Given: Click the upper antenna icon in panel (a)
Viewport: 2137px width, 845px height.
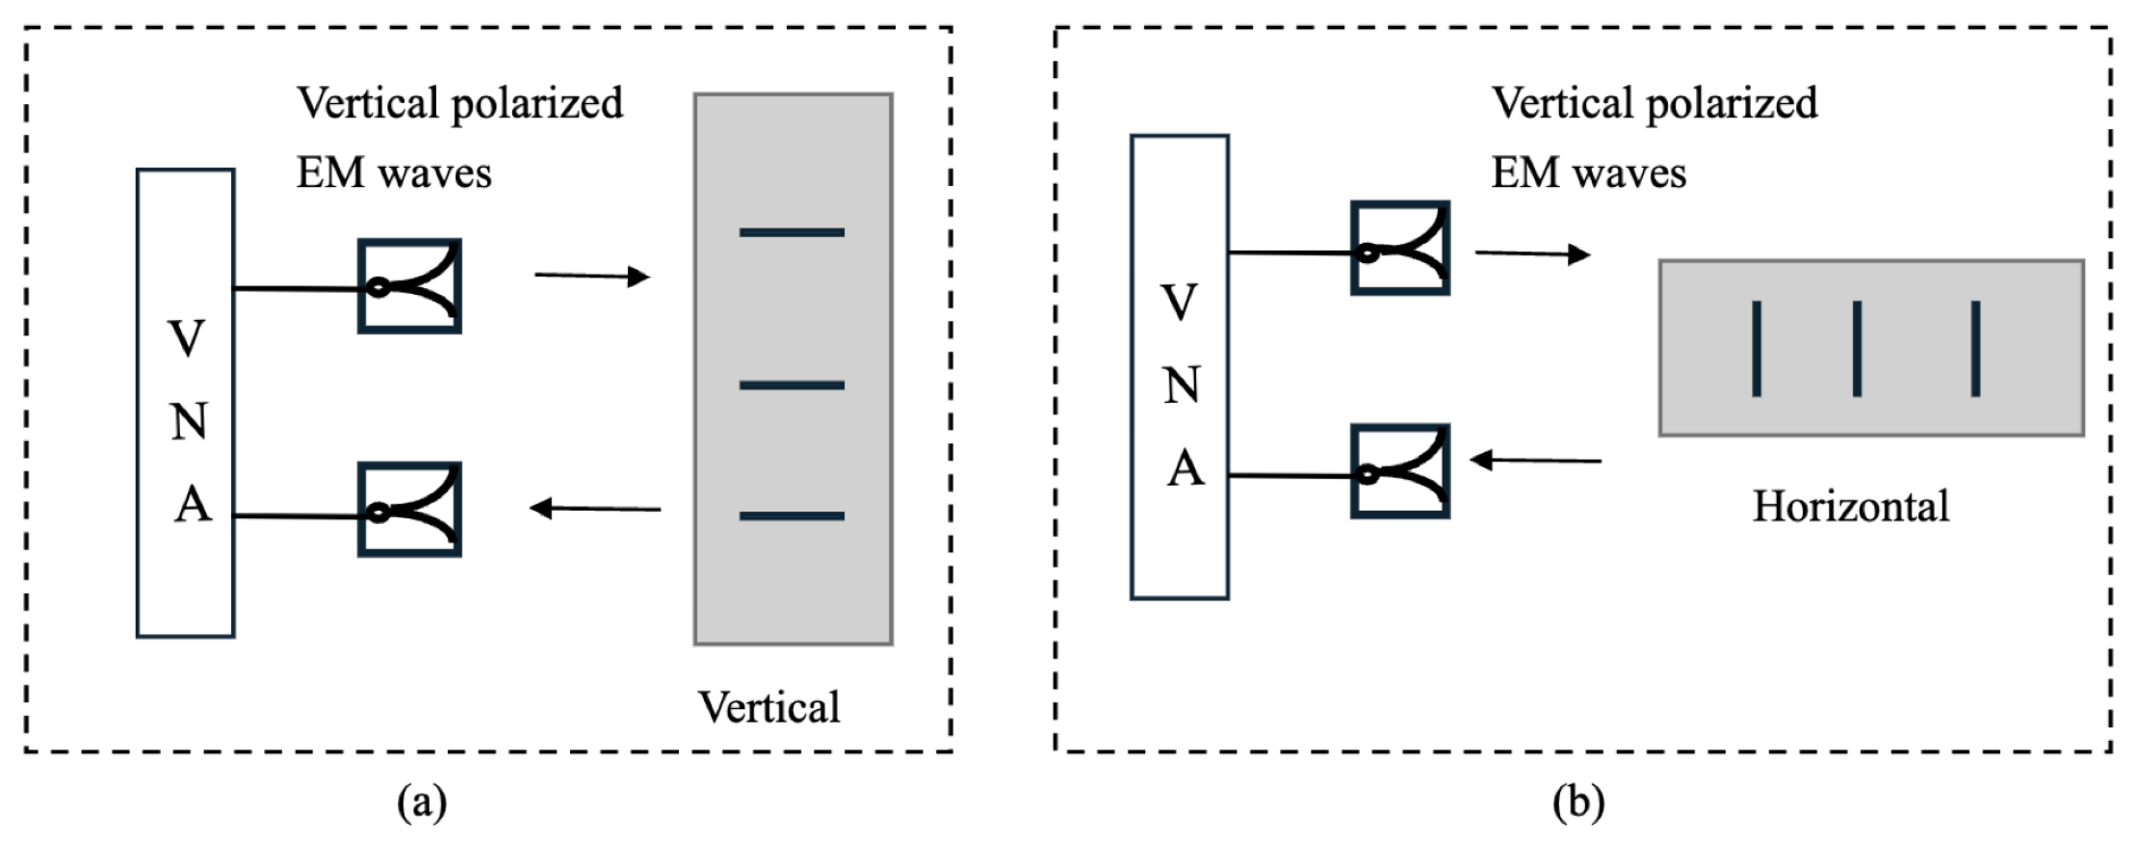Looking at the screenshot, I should [x=409, y=286].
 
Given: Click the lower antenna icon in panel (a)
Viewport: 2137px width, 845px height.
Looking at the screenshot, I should [x=409, y=510].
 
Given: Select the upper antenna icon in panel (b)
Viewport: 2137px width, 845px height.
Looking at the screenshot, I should [x=1399, y=248].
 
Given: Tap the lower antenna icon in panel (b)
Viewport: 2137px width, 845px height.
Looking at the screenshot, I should [x=1399, y=471].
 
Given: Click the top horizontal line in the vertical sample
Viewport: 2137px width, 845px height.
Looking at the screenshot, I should [x=792, y=232].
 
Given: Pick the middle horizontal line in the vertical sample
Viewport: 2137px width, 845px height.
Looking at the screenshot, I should [x=792, y=385].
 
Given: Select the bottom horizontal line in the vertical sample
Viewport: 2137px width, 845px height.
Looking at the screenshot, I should [x=792, y=516].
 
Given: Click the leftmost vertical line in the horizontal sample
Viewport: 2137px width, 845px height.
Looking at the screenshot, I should [x=1757, y=348].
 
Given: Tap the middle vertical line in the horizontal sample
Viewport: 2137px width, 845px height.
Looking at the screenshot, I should [x=1857, y=348].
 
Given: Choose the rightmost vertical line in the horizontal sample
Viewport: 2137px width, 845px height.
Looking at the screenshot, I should [x=1975, y=348].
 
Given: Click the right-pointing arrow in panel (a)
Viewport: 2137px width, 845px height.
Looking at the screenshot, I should [x=592, y=277].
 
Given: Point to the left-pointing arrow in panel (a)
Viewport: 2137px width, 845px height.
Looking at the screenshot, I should [x=595, y=508].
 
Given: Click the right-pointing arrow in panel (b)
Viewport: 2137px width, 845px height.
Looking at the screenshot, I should [x=1532, y=253].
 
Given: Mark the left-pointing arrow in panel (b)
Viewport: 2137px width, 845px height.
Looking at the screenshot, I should [x=1536, y=461].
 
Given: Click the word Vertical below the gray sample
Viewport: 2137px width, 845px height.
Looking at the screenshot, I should [x=769, y=707].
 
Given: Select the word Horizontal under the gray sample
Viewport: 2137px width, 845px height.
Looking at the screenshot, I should [x=1850, y=506].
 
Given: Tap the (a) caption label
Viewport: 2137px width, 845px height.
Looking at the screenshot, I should [x=422, y=802].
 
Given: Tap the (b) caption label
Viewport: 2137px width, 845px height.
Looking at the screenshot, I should [x=1577, y=802].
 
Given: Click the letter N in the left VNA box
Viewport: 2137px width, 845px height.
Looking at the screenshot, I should [x=190, y=422].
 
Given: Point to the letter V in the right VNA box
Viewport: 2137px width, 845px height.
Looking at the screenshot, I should [x=1180, y=303].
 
